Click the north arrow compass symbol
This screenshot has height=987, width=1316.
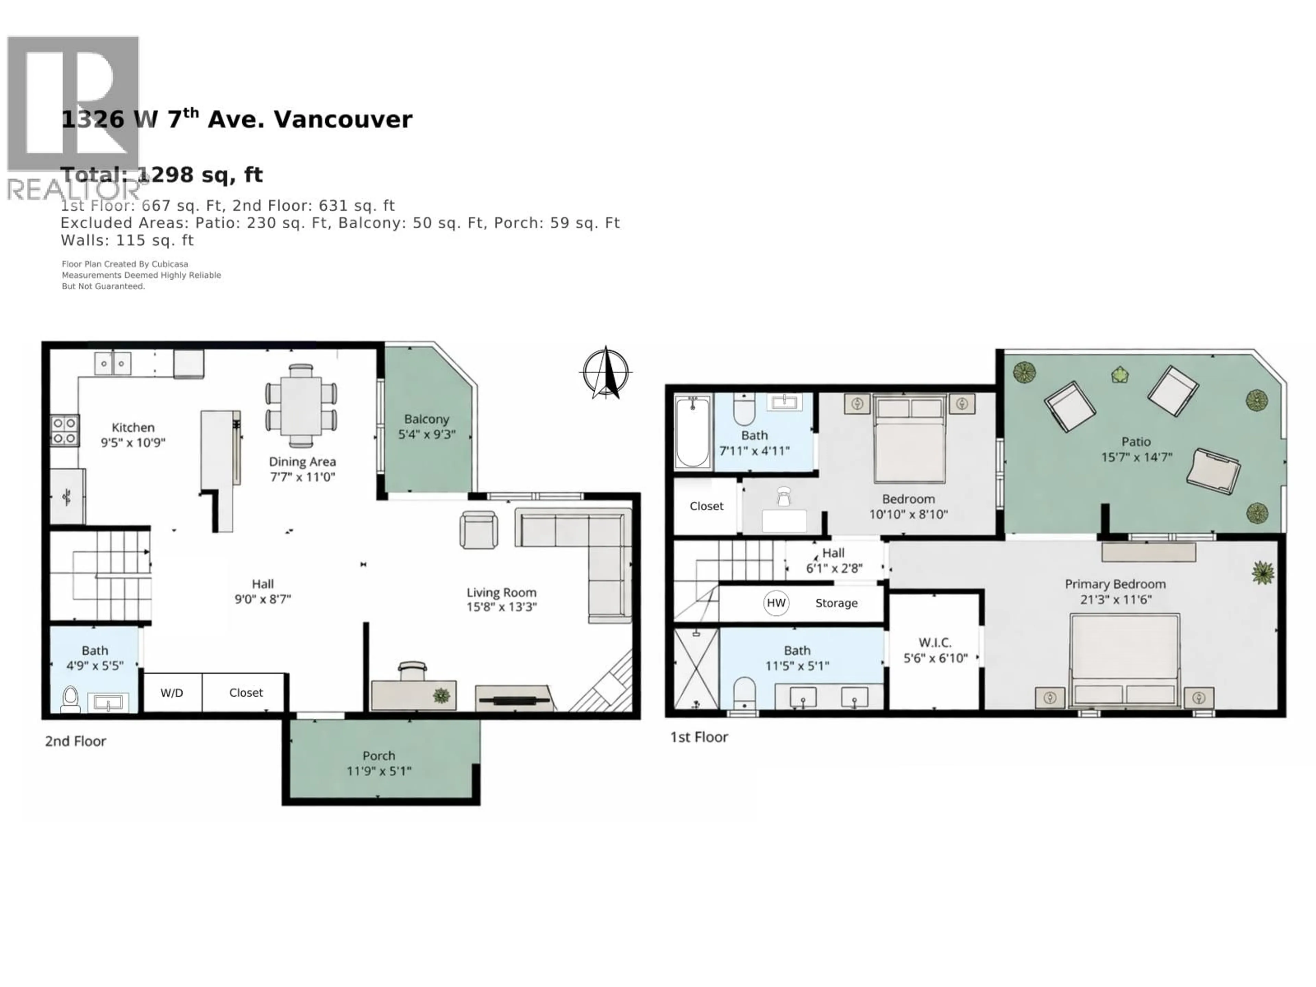click(x=606, y=373)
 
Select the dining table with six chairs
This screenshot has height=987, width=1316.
click(x=301, y=406)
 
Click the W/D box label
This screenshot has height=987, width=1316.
click(x=172, y=693)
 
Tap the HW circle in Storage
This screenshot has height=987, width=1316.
click(x=776, y=603)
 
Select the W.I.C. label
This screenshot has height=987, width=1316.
click(x=935, y=643)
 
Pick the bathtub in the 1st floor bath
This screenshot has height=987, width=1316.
click(x=693, y=431)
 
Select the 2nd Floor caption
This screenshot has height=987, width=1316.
click(x=75, y=741)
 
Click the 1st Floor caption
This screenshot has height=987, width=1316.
click(x=699, y=737)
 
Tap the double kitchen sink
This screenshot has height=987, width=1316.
click(x=112, y=363)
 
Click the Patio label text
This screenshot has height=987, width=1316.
click(x=1136, y=441)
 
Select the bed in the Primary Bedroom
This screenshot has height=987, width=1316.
click(x=1124, y=660)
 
